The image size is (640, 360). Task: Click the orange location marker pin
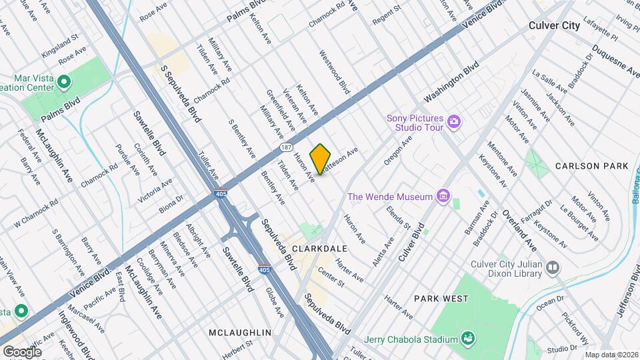(x=321, y=159)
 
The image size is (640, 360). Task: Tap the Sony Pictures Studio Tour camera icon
(x=454, y=121)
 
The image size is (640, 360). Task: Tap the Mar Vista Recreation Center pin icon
(x=64, y=83)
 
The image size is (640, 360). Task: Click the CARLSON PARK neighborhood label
(x=591, y=165)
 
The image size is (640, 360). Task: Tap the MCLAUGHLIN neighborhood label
(x=239, y=332)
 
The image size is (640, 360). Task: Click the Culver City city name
(x=553, y=25)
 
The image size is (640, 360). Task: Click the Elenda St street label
(x=398, y=217)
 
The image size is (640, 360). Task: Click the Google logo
(x=22, y=351)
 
